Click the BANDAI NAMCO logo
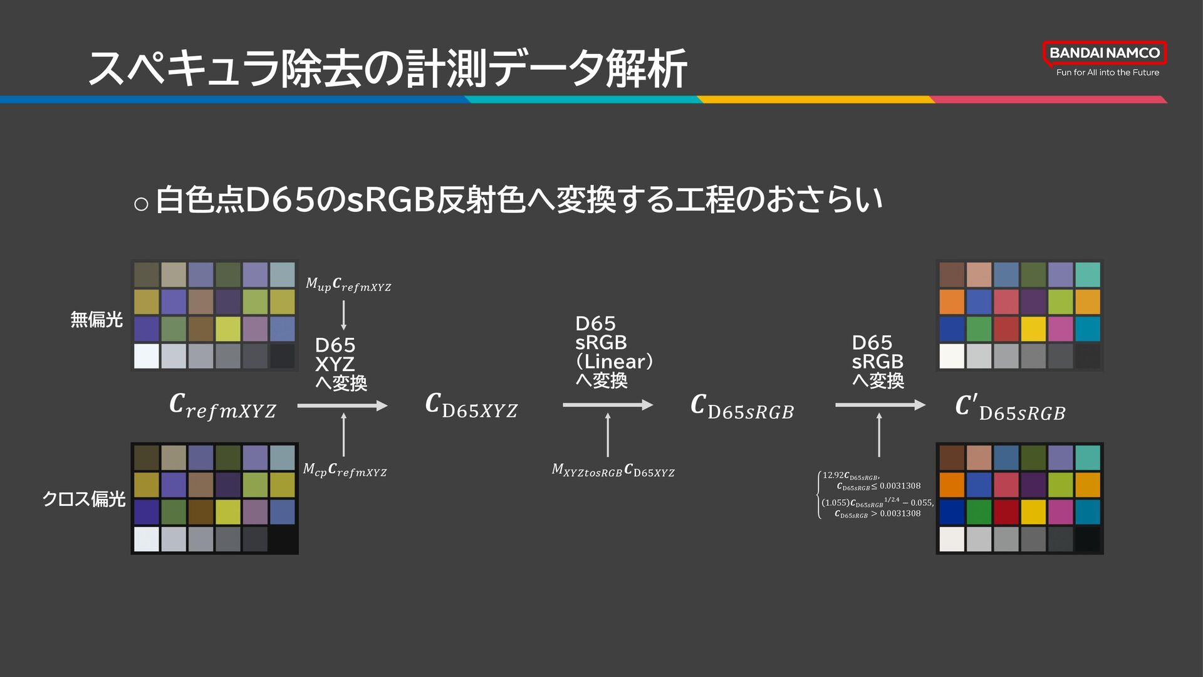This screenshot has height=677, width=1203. tap(1104, 53)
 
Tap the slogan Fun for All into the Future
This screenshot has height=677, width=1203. tap(1107, 73)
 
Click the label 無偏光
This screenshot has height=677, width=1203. tap(96, 320)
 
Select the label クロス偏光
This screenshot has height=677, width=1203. tap(83, 499)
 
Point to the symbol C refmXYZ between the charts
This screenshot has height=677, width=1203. tap(222, 407)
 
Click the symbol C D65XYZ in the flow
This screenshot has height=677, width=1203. tap(471, 406)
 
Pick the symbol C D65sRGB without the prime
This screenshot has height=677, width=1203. tap(742, 407)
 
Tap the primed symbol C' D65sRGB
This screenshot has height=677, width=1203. tap(1010, 408)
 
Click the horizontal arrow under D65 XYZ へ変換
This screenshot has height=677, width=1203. tap(342, 406)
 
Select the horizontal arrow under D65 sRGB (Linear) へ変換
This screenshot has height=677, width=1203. tap(607, 406)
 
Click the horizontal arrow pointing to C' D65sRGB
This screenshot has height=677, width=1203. tap(880, 406)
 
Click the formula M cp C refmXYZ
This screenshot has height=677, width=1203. tap(345, 470)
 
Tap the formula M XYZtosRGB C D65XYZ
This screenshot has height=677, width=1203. tap(613, 470)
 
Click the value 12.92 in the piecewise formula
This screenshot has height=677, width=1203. tap(833, 476)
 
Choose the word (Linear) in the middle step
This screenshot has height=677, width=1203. tap(614, 362)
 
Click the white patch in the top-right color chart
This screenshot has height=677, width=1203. tap(951, 356)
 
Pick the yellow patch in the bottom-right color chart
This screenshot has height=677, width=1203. tap(1033, 512)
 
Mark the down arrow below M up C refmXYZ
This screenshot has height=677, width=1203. tap(343, 315)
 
